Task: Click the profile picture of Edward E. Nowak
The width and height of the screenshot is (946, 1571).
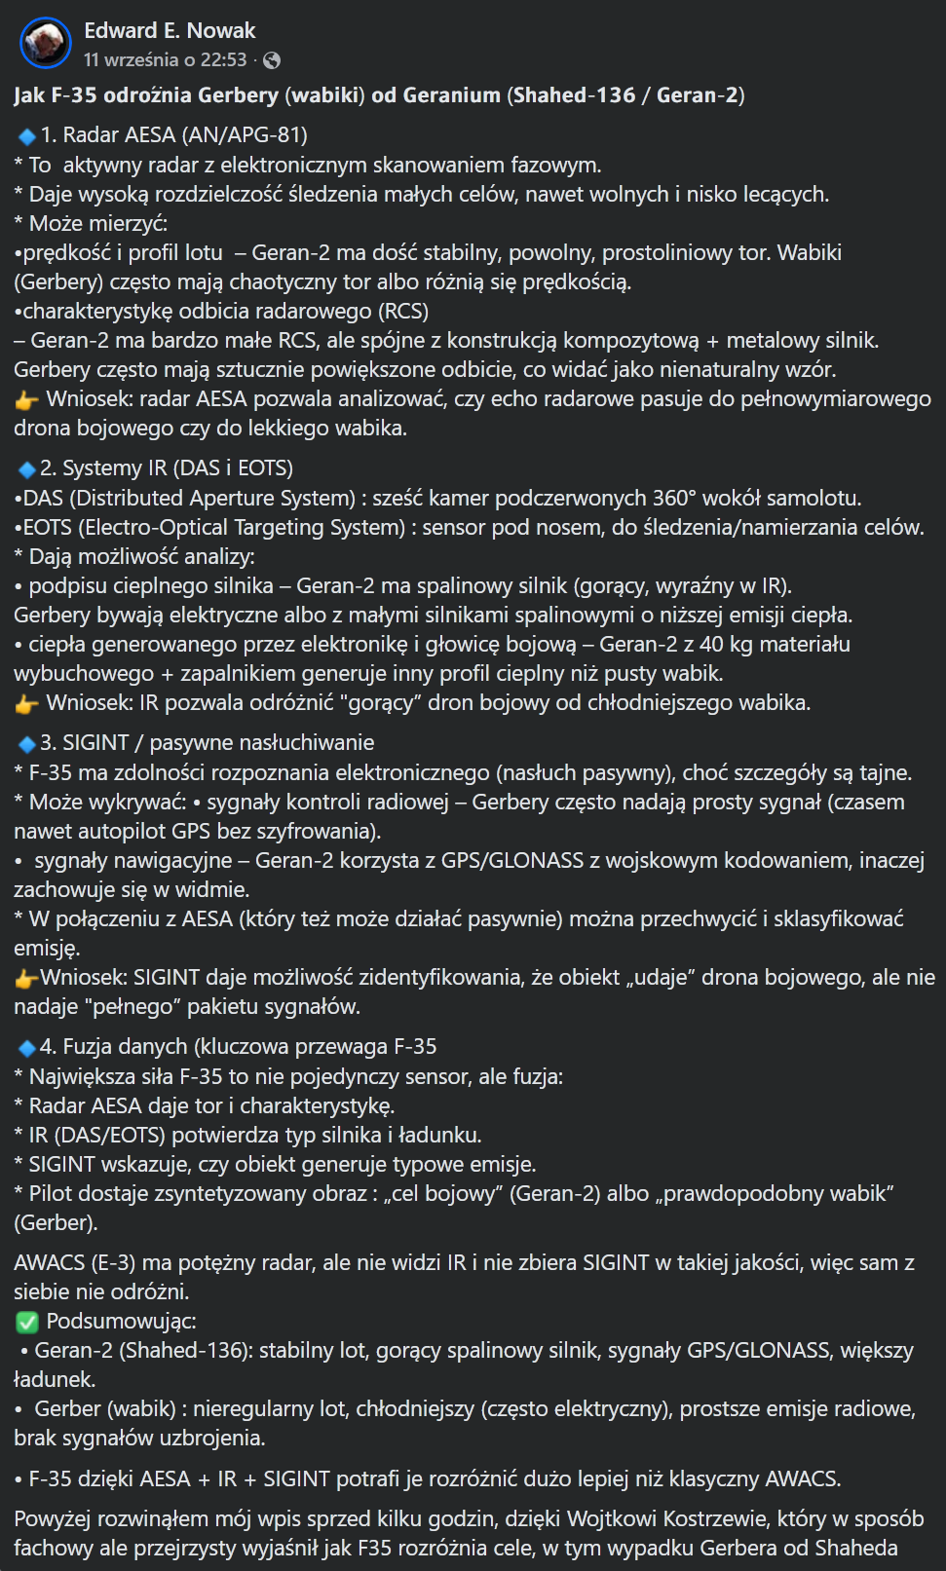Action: [x=46, y=44]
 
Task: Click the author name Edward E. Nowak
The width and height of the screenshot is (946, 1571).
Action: [x=170, y=30]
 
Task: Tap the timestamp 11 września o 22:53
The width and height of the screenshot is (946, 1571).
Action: [x=165, y=60]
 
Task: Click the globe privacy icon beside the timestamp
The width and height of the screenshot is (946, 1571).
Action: [x=273, y=60]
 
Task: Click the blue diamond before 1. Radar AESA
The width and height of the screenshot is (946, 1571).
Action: [x=27, y=136]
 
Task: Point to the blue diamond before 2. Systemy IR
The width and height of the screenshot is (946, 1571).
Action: [x=27, y=469]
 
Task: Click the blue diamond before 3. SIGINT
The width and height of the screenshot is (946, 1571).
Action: [x=27, y=744]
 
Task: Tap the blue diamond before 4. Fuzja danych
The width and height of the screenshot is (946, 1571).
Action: [x=27, y=1048]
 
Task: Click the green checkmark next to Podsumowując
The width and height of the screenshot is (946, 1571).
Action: [x=27, y=1322]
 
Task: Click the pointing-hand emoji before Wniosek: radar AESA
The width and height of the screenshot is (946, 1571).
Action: [x=26, y=400]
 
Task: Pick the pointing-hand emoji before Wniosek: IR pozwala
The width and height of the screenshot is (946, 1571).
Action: [x=26, y=704]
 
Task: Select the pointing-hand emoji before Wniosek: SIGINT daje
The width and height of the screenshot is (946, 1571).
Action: [x=26, y=979]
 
